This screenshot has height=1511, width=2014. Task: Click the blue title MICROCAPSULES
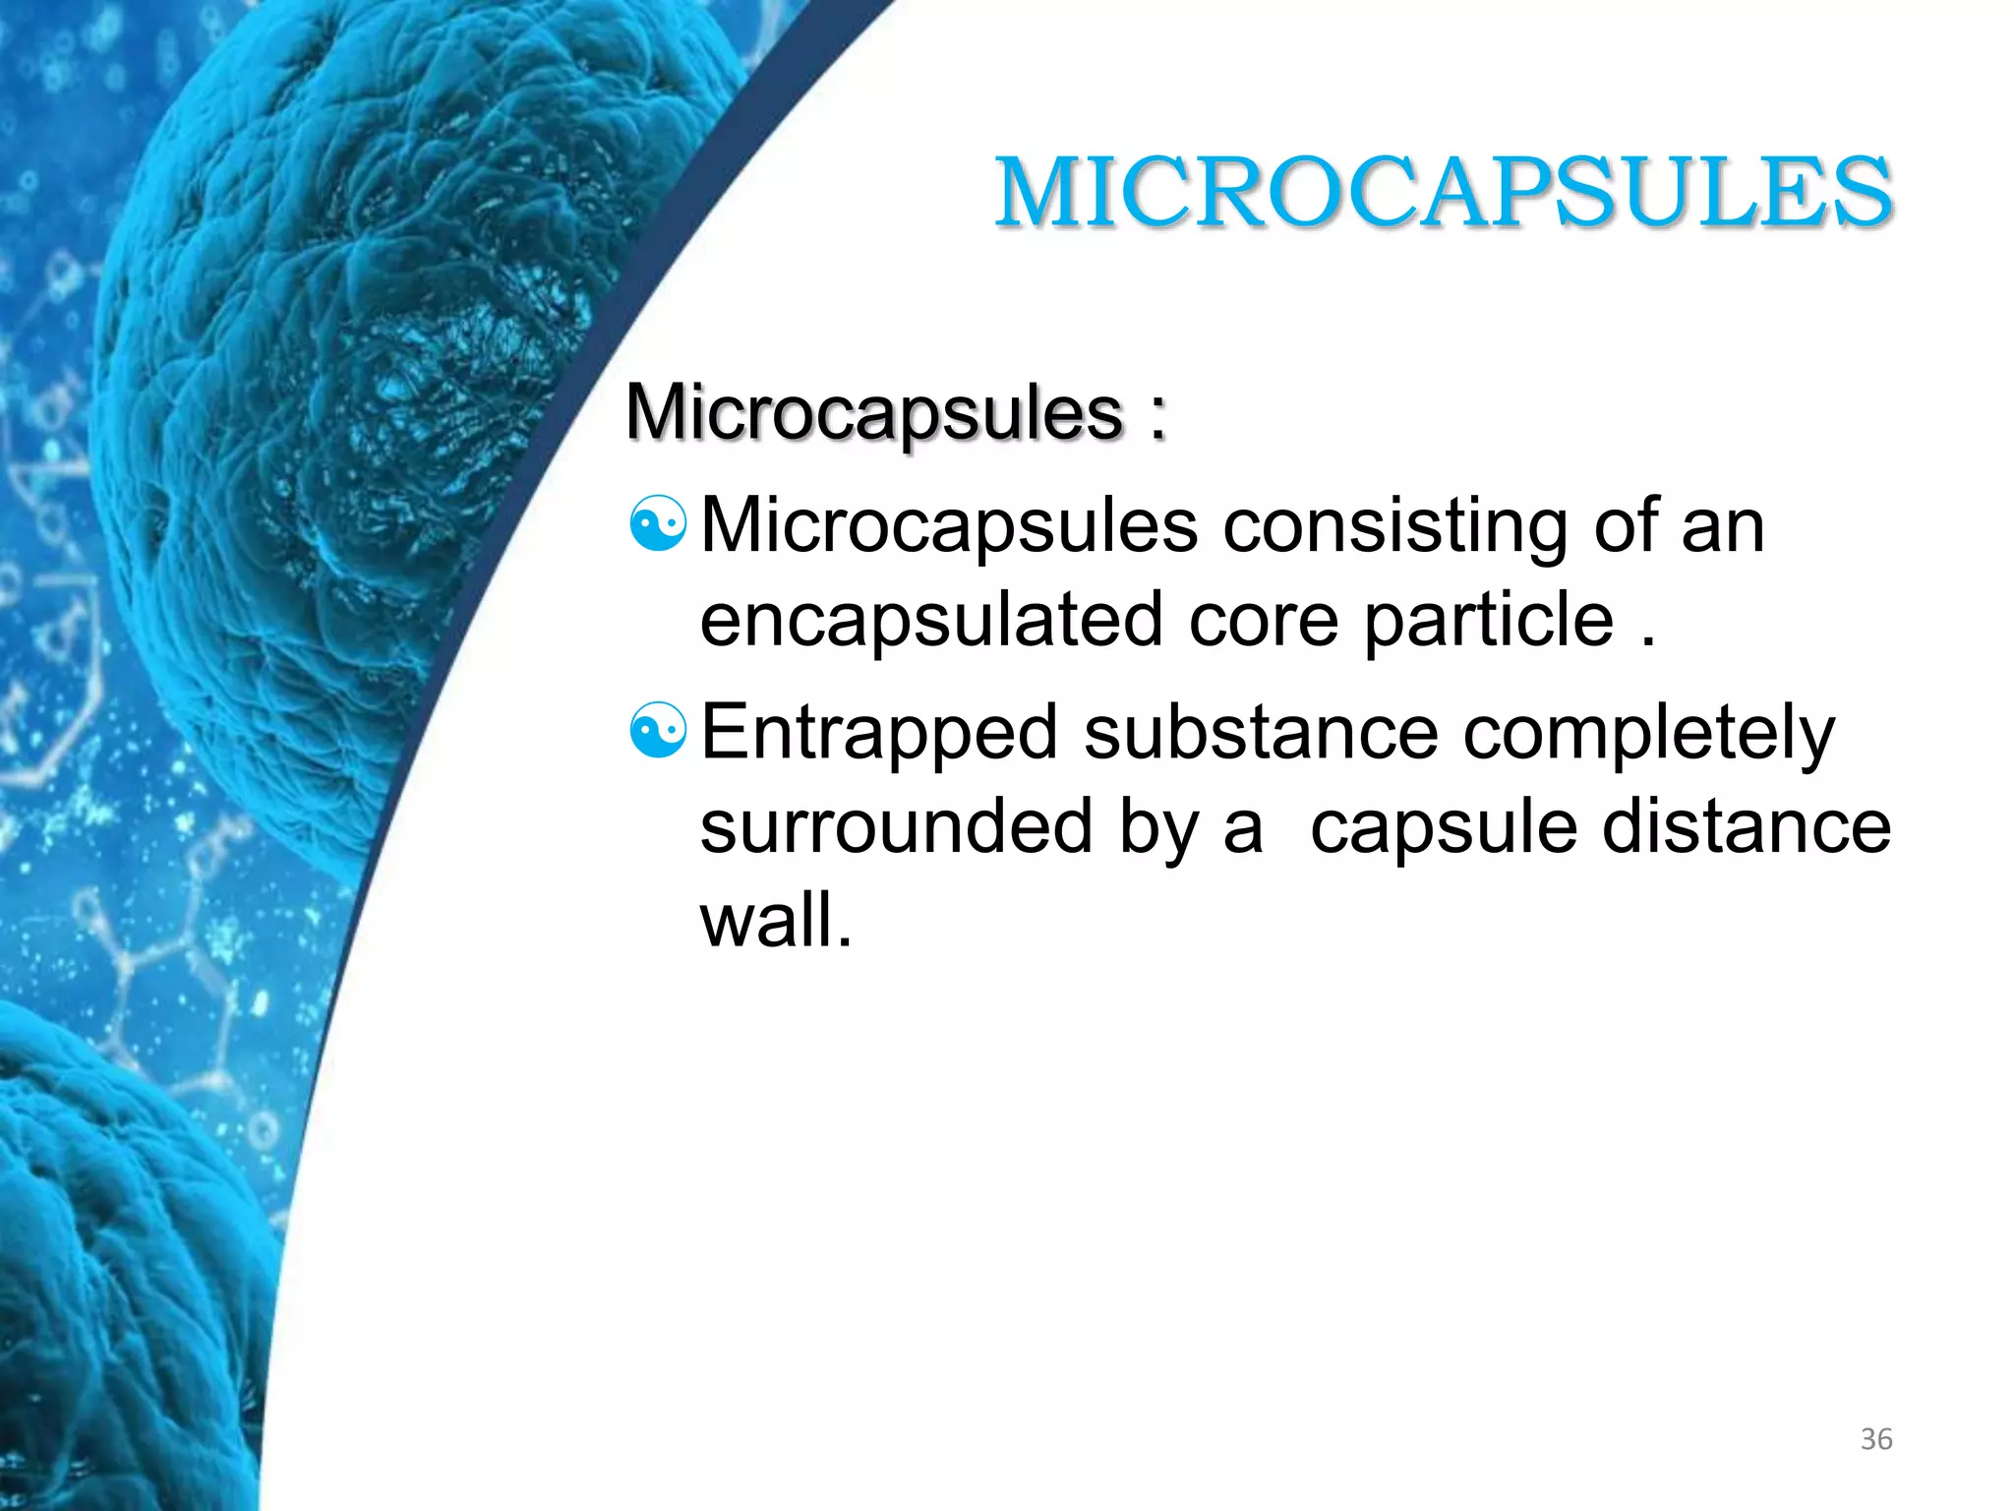(1443, 193)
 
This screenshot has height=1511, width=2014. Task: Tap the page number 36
(1876, 1439)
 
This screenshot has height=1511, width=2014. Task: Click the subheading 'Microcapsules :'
(895, 412)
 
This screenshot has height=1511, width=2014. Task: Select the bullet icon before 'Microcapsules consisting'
(657, 524)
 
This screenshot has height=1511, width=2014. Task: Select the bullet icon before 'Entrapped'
(657, 731)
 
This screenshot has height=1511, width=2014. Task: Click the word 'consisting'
(1394, 526)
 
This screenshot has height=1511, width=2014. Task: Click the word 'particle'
(1488, 620)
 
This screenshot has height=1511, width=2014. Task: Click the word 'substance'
(1261, 733)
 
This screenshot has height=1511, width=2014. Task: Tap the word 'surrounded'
(896, 826)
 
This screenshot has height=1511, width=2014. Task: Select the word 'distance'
(1747, 826)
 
